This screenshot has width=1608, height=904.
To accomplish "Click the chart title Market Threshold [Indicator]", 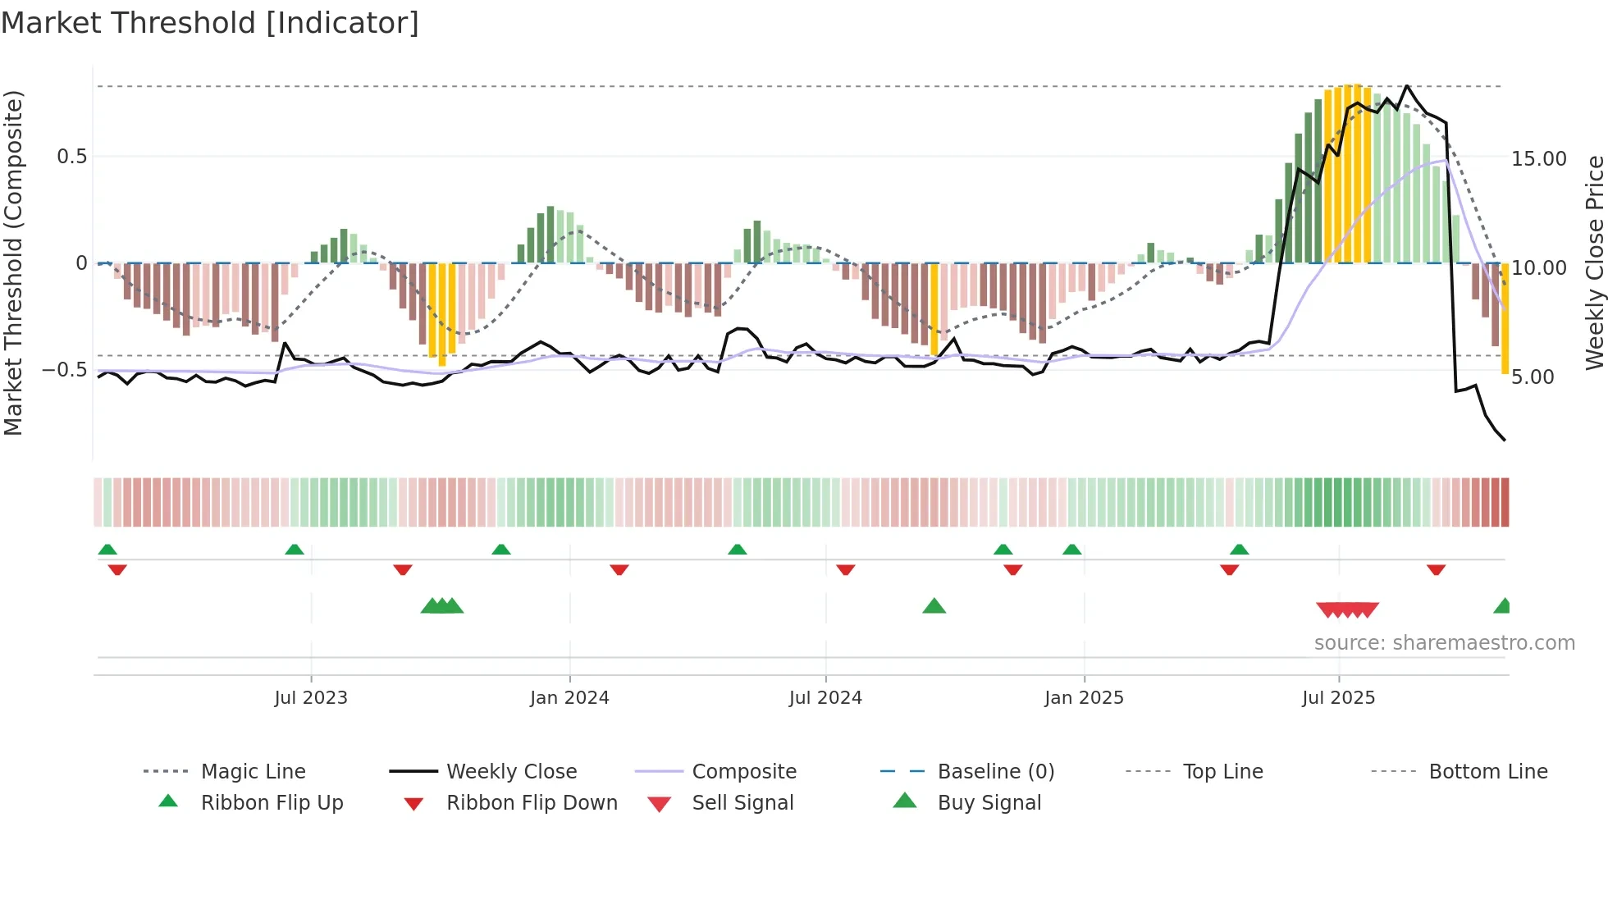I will pos(210,23).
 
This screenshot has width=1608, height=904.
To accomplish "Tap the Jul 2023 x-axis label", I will pos(311,698).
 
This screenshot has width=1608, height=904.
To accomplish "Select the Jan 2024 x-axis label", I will pos(569,698).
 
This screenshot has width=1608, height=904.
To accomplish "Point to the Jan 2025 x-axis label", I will pos(1084,698).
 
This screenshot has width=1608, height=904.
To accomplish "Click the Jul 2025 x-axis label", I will pos(1338,698).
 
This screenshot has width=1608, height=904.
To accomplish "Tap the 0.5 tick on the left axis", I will pos(72,157).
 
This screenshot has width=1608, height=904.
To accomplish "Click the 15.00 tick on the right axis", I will pos(1538,159).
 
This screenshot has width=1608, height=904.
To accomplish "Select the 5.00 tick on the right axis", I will pos(1533,377).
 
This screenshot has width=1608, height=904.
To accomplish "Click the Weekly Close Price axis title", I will pos(1594,263).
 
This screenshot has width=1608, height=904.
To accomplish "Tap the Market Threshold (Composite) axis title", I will pos(13,263).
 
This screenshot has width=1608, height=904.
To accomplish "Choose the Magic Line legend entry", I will pos(253,772).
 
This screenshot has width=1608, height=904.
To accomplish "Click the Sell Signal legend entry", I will pos(742,803).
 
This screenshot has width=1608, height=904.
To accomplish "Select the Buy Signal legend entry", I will pos(989,803).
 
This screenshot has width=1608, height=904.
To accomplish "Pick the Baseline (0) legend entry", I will pos(995,772).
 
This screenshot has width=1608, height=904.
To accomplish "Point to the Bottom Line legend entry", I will pos(1487,772).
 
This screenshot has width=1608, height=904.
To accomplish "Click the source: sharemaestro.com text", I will pos(1444,643).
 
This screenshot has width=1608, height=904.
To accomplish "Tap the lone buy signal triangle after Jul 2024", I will pos(934,607).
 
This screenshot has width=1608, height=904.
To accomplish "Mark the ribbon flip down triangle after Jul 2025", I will pos(1436,569).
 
